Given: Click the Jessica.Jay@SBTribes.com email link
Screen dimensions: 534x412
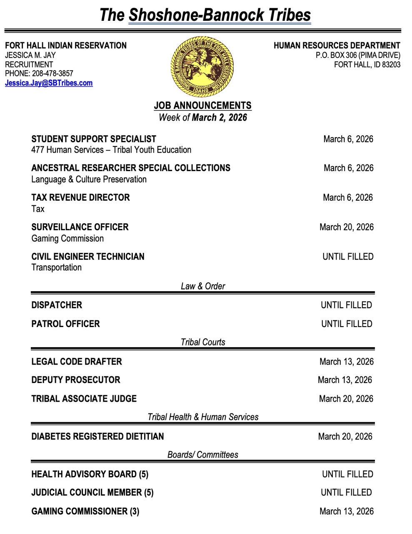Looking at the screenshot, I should [x=49, y=83].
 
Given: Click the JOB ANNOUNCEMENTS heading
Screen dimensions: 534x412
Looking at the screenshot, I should [x=202, y=106].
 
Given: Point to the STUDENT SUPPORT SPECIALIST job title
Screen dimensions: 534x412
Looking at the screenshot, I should [x=94, y=139].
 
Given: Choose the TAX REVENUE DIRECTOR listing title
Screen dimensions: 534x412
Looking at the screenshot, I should [x=80, y=197].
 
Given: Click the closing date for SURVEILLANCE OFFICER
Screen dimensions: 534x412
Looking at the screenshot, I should [x=346, y=227].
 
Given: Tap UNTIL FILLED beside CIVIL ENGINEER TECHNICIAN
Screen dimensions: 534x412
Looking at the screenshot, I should [x=348, y=257].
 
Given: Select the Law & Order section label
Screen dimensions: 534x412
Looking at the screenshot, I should [x=203, y=286].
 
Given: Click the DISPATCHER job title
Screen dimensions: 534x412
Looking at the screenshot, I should [x=57, y=305].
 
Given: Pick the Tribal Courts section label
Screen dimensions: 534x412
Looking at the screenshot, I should [x=203, y=342].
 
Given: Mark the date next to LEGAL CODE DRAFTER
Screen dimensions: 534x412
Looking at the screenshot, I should [x=346, y=361].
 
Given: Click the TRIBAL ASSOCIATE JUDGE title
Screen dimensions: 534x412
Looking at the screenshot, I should [x=84, y=398].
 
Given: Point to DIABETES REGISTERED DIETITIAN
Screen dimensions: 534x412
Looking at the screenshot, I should [x=97, y=436].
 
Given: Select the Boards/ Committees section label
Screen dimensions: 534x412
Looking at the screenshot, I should [x=203, y=455].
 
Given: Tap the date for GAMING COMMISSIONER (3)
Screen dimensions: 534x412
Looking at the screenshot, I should [x=346, y=511].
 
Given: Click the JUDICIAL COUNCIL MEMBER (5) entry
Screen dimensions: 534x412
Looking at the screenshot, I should [x=92, y=492].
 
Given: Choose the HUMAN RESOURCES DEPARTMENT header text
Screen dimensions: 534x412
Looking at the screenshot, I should [x=337, y=45].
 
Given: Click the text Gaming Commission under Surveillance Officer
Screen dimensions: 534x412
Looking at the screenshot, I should [x=67, y=239].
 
